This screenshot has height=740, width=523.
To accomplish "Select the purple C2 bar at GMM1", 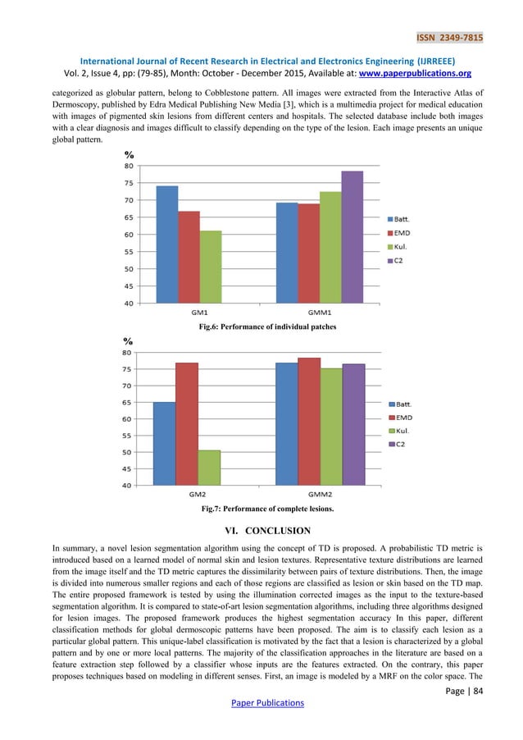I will click(x=352, y=237).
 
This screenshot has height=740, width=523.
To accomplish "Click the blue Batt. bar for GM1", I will click(x=166, y=244).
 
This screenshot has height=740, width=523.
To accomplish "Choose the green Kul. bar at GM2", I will click(x=209, y=467).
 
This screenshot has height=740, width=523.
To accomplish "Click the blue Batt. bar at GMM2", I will click(x=286, y=423).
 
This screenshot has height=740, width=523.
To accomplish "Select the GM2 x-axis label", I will click(x=198, y=494).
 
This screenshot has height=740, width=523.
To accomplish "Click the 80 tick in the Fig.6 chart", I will click(x=129, y=166).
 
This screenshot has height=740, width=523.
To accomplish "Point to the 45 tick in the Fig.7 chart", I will click(x=128, y=468).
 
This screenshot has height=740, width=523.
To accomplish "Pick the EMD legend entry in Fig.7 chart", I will click(x=403, y=418).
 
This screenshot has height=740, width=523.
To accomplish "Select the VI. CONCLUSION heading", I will click(x=261, y=531).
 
